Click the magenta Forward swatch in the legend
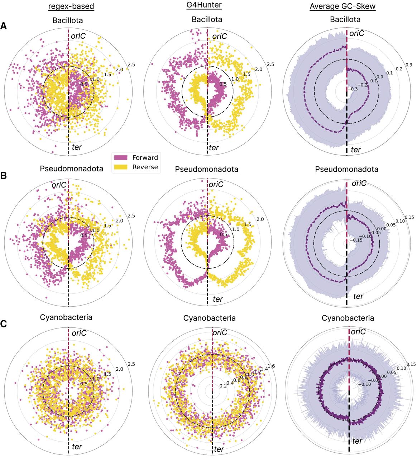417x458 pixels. click(x=121, y=158)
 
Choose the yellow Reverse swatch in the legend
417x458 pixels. click(x=121, y=167)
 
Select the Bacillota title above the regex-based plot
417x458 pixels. click(x=68, y=20)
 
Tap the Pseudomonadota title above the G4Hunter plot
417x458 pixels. click(x=207, y=169)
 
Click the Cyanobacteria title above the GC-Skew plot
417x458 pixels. click(x=348, y=318)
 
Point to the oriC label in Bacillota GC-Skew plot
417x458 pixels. click(x=357, y=34)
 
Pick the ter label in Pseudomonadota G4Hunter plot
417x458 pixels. click(x=218, y=299)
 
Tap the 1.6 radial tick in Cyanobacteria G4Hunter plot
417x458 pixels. click(x=272, y=366)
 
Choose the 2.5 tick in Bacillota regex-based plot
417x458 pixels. click(x=131, y=65)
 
